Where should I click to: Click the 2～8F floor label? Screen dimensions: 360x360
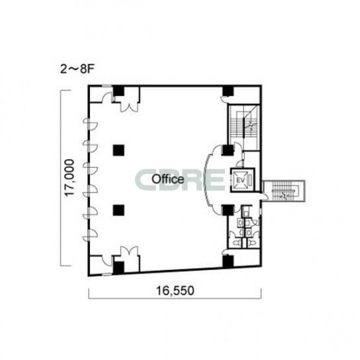click(77, 69)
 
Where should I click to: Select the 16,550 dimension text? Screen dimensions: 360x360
click(175, 291)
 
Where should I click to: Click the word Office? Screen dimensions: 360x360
click(168, 179)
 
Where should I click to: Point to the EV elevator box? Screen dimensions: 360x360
click(242, 180)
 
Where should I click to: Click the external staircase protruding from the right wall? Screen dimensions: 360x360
click(284, 191)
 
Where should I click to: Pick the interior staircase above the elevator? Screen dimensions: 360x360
click(244, 128)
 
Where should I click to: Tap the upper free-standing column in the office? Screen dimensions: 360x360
click(118, 150)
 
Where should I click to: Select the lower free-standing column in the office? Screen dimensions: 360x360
click(118, 210)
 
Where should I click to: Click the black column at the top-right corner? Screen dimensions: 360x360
click(228, 91)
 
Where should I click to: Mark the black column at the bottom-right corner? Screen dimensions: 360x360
click(228, 261)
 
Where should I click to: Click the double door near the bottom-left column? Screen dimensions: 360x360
click(130, 251)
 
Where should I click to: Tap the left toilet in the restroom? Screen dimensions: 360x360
click(236, 243)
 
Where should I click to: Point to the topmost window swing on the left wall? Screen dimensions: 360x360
click(91, 124)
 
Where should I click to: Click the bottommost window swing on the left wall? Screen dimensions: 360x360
click(91, 235)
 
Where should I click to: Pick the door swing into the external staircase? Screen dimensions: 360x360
click(265, 197)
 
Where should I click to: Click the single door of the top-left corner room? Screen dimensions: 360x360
click(107, 97)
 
